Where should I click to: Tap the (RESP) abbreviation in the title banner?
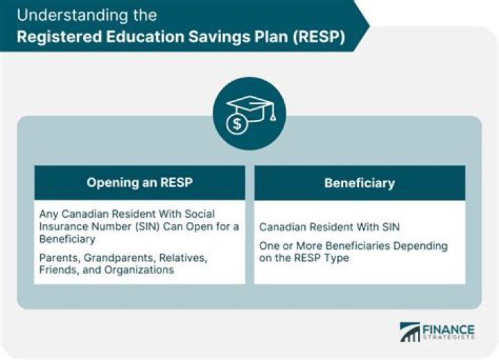click(319, 37)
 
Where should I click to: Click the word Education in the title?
click(145, 37)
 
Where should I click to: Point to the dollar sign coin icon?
click(237, 123)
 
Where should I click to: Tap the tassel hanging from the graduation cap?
click(272, 114)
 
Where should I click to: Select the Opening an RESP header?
click(140, 182)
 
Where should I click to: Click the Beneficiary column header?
click(360, 183)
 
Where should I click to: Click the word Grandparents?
click(120, 258)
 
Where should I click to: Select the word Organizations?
click(139, 270)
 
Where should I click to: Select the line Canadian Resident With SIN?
click(329, 227)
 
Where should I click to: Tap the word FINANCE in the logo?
click(448, 329)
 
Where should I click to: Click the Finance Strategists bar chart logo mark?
click(410, 332)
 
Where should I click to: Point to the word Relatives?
click(183, 258)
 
